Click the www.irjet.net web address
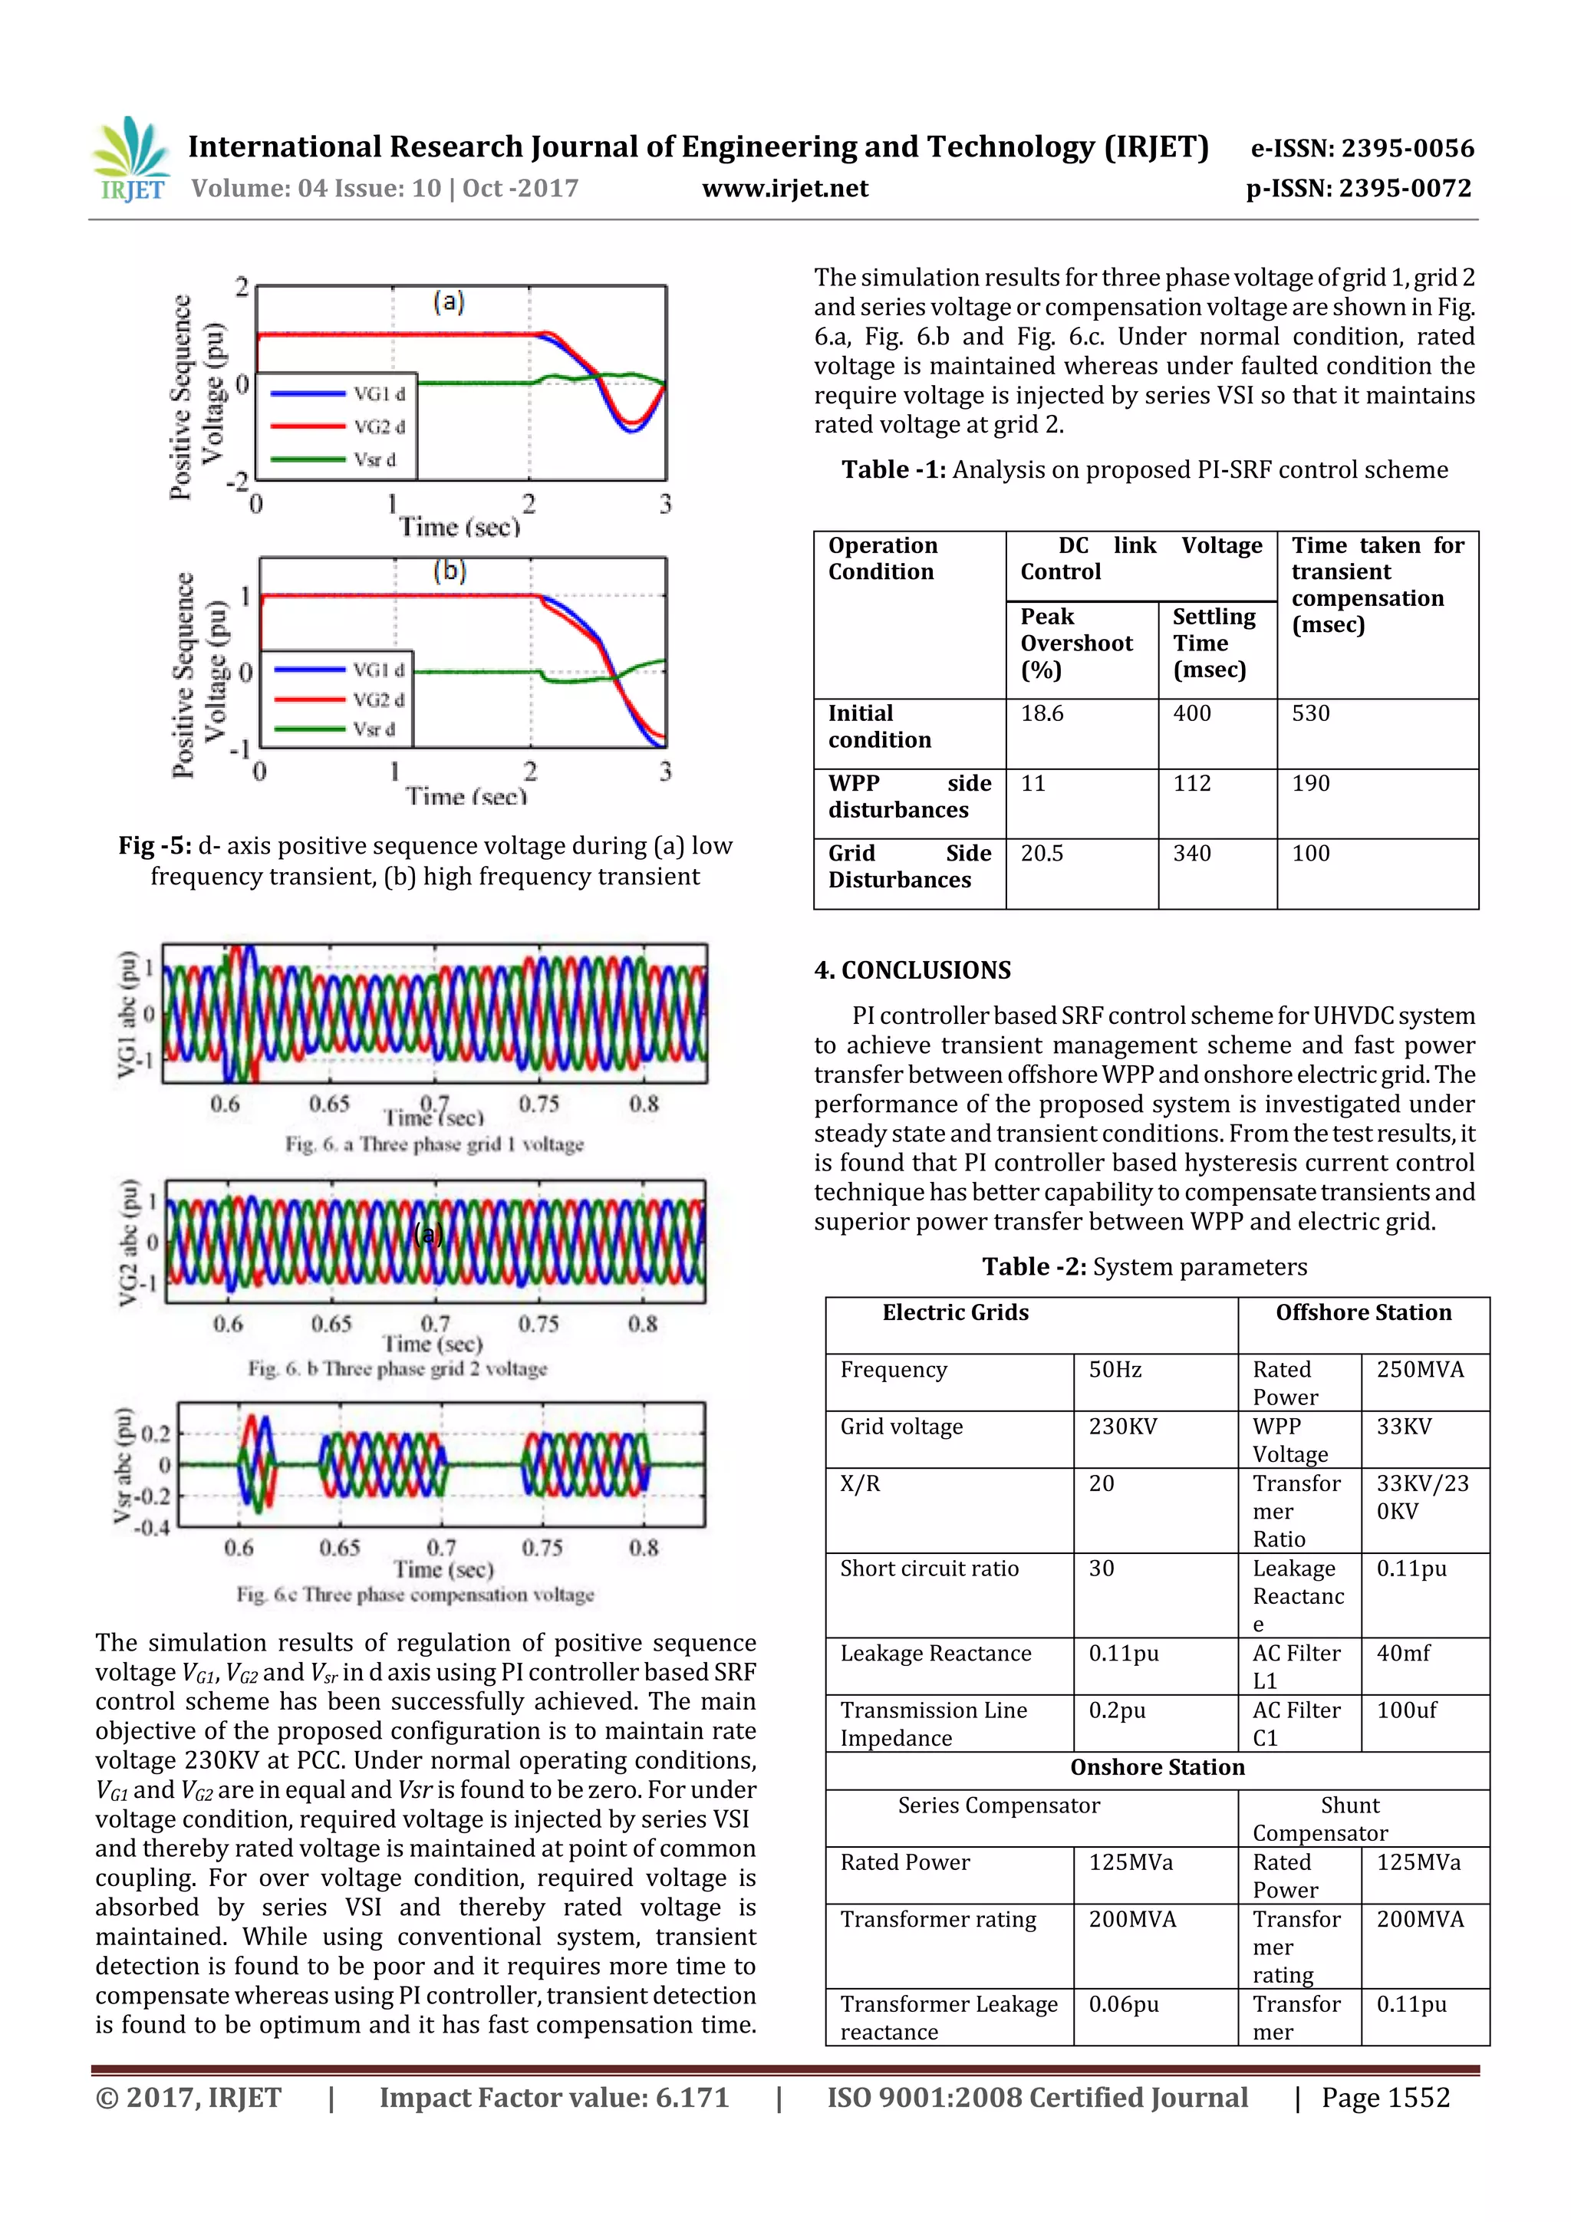[x=785, y=189]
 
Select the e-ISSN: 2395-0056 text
[x=1362, y=149]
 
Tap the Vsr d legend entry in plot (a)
[x=340, y=459]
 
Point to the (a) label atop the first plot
[x=448, y=302]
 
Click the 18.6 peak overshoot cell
[x=1042, y=713]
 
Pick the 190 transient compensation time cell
[x=1311, y=783]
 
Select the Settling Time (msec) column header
[x=1214, y=643]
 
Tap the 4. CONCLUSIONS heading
[x=912, y=969]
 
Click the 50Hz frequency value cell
[x=1115, y=1369]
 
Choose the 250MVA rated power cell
[x=1419, y=1369]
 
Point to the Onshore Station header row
[x=1157, y=1767]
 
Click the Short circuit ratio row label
[x=929, y=1569]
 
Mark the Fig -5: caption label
[x=155, y=846]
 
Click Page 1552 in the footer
[x=1385, y=2097]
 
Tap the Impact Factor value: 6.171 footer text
[x=554, y=2097]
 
